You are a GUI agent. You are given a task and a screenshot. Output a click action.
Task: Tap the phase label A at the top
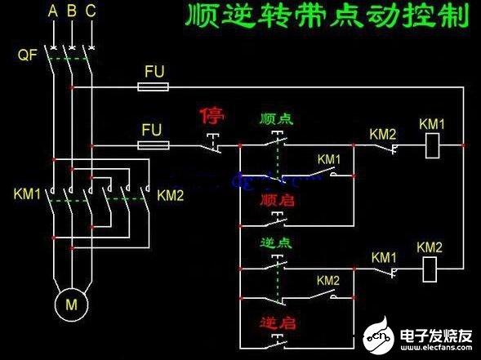coord(53,11)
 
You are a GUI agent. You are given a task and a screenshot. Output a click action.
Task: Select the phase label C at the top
coord(90,11)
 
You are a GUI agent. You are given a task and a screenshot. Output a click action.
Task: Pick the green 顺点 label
coord(275,119)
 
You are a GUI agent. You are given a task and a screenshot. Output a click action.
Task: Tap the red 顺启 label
coord(276,200)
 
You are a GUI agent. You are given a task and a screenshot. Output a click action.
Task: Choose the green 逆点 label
coord(276,242)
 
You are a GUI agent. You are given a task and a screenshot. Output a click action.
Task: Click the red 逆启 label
coord(276,321)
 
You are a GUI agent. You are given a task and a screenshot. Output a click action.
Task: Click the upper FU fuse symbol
coord(154,86)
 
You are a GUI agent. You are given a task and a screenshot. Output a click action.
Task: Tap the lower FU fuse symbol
coord(154,146)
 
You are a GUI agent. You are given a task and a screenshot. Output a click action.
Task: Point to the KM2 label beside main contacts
coord(171,195)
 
